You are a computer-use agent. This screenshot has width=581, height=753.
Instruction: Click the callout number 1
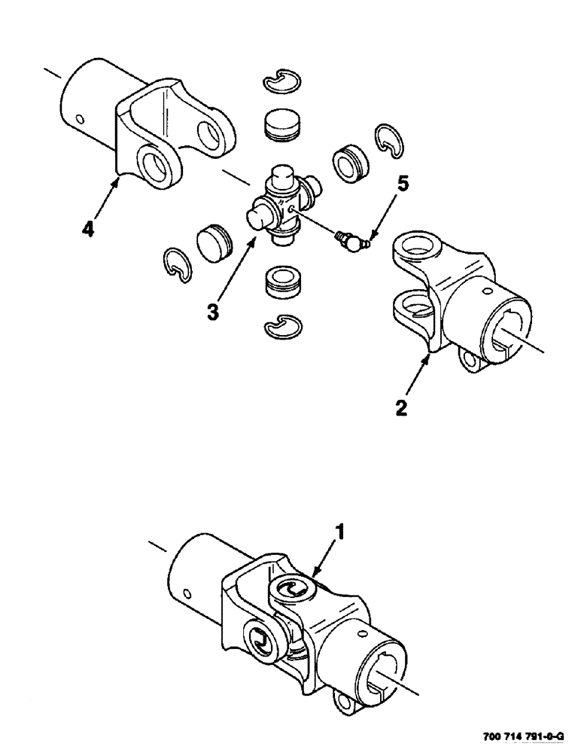(x=340, y=533)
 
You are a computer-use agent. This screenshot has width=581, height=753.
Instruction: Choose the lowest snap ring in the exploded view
(x=284, y=323)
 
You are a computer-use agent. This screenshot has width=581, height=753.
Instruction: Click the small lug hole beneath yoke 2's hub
(x=470, y=361)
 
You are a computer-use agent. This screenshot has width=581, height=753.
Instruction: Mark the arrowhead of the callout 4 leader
(x=116, y=177)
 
